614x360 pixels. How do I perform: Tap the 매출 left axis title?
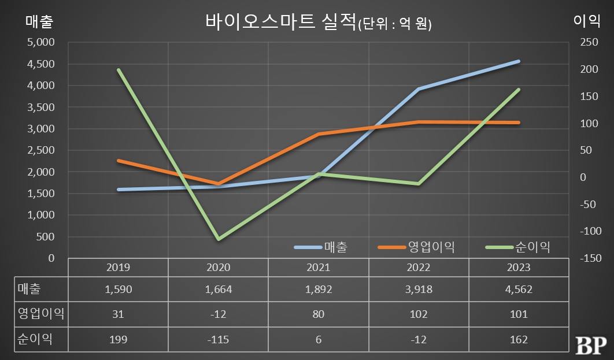pos(39,21)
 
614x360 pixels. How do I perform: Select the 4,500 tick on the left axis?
pos(41,64)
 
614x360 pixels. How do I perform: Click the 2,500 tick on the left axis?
pos(41,150)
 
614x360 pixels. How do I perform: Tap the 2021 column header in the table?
pos(318,268)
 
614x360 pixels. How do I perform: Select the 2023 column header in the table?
pos(518,268)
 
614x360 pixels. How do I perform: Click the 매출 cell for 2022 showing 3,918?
pos(418,290)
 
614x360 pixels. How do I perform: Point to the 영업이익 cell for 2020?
pos(218,314)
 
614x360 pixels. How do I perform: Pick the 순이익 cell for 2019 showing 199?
pos(119,340)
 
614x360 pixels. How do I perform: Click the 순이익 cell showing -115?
pos(218,340)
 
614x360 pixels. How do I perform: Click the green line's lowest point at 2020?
pos(219,239)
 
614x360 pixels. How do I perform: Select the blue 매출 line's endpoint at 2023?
pos(519,61)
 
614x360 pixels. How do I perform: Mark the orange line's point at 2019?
pos(119,161)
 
